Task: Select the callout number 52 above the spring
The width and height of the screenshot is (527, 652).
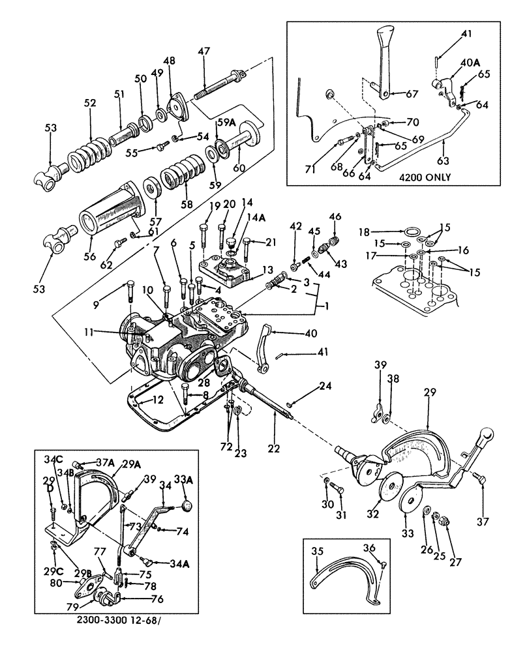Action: (x=89, y=102)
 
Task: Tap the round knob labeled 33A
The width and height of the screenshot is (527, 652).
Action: (x=187, y=506)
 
